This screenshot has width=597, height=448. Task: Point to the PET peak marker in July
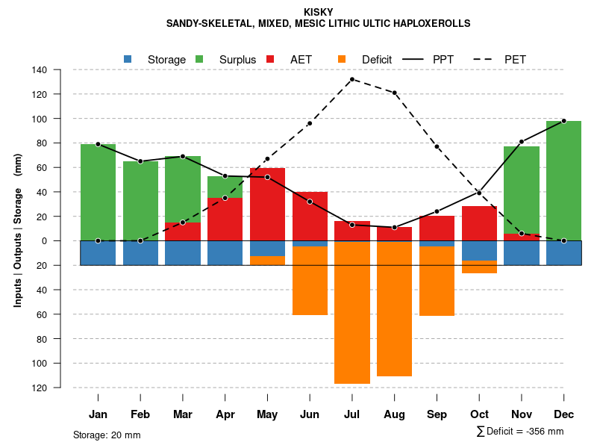(x=352, y=79)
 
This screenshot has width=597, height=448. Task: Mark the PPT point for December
(x=563, y=121)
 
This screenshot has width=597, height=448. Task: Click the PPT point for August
(x=394, y=227)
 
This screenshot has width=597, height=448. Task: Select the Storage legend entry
(x=166, y=60)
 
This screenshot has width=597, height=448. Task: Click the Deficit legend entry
(x=376, y=60)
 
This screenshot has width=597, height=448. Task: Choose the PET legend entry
(x=515, y=60)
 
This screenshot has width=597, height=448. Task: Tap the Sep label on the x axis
(x=437, y=414)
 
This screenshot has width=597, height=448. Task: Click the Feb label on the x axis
(x=140, y=414)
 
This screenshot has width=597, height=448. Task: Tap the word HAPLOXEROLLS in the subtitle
(x=433, y=23)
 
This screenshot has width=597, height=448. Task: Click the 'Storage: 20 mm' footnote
(x=107, y=435)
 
